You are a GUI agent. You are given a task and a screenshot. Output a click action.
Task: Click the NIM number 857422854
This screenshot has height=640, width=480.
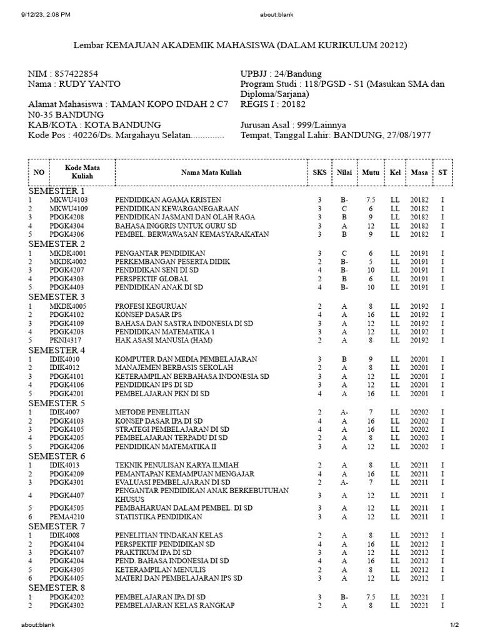click(76, 74)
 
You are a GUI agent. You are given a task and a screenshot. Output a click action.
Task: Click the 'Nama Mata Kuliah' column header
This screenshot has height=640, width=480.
click(211, 172)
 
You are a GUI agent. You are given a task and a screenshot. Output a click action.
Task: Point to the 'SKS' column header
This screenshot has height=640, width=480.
click(319, 172)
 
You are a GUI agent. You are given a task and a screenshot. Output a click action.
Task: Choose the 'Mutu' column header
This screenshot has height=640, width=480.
click(370, 172)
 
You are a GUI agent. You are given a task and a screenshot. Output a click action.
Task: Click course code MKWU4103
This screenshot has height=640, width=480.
click(69, 200)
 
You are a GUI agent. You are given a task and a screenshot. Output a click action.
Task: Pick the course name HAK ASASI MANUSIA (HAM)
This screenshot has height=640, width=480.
click(164, 341)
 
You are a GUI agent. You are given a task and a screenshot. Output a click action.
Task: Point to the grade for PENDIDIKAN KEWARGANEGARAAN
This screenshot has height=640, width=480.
click(344, 209)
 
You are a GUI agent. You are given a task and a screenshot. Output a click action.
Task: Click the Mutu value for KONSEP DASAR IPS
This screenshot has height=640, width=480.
click(370, 315)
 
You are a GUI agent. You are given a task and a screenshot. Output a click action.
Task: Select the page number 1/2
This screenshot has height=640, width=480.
click(454, 625)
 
